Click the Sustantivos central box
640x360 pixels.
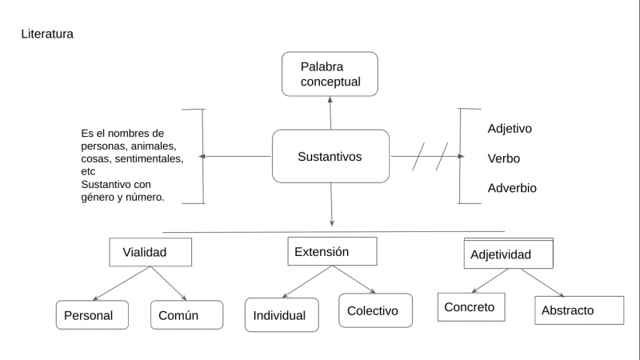click(x=330, y=156)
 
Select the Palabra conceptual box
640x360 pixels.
click(x=330, y=74)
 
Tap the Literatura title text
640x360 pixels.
click(x=47, y=34)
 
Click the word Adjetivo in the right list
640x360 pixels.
click(x=510, y=128)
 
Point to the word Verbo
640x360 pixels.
click(x=503, y=158)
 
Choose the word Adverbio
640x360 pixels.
click(x=512, y=189)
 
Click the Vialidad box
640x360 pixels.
click(x=150, y=252)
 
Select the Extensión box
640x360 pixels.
click(x=331, y=251)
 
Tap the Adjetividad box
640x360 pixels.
click(x=508, y=254)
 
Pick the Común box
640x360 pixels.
click(x=186, y=315)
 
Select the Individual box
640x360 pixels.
click(x=282, y=315)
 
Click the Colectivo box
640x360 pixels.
click(x=375, y=310)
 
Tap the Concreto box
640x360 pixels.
click(x=471, y=307)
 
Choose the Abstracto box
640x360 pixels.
click(x=578, y=310)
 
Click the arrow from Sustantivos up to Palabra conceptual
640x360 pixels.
click(x=330, y=112)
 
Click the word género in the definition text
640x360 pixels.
click(x=100, y=198)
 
